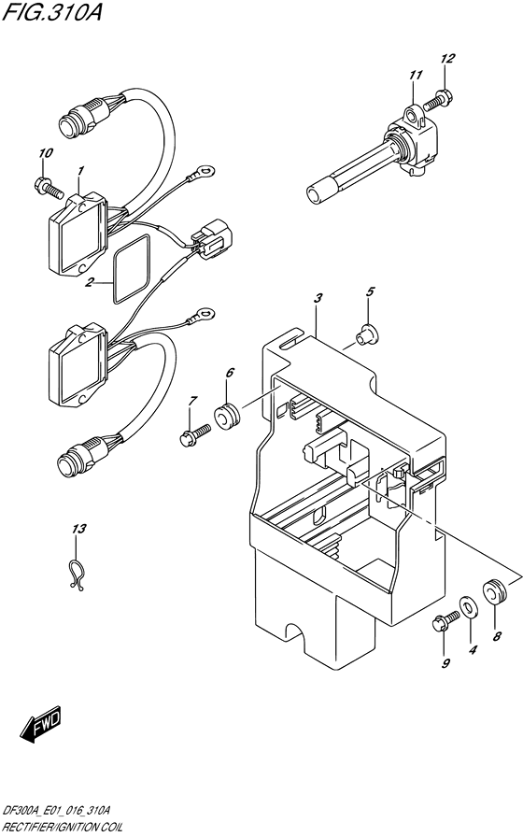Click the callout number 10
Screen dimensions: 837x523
(46, 152)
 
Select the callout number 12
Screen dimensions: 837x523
(447, 58)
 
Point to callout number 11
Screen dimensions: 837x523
(415, 75)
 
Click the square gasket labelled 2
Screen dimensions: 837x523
(133, 265)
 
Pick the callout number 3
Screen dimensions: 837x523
(318, 297)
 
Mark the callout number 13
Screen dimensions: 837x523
(79, 530)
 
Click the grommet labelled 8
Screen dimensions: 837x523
(494, 590)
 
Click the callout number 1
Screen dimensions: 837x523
(81, 171)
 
